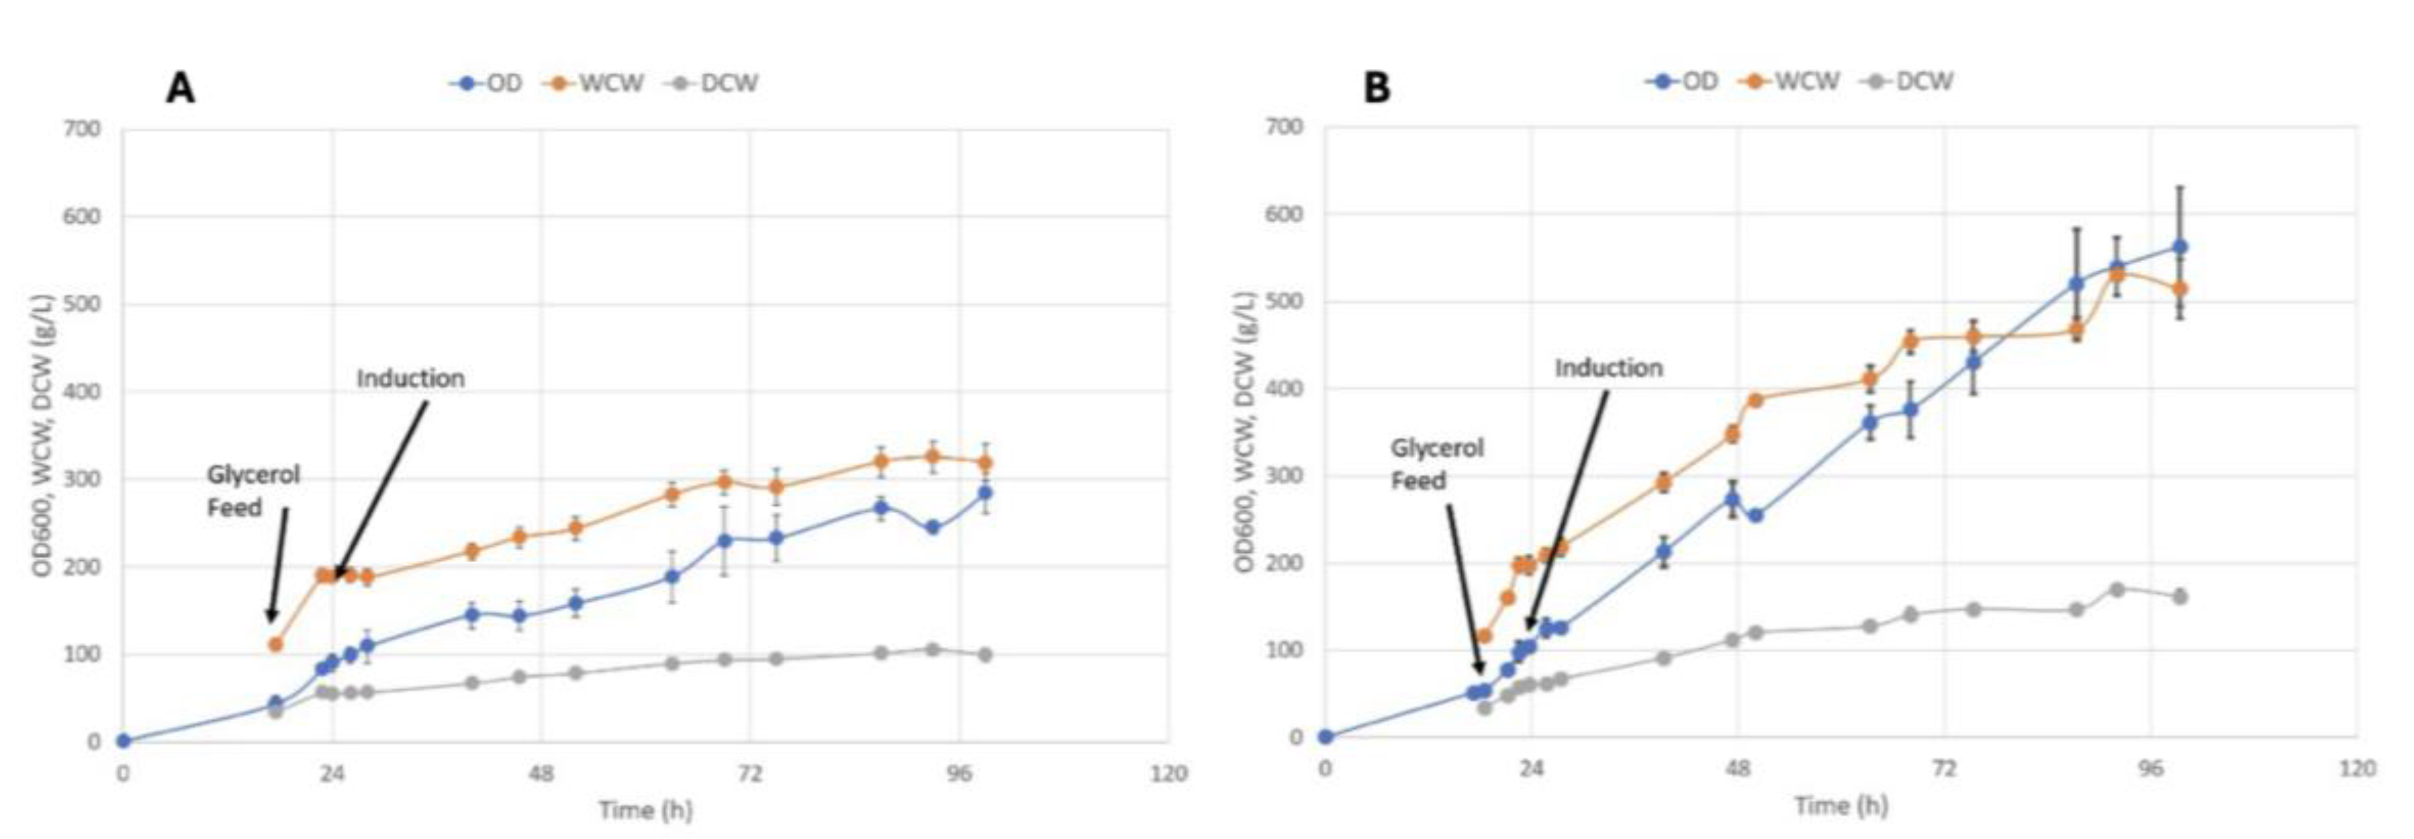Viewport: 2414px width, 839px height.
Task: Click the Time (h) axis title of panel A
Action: (645, 810)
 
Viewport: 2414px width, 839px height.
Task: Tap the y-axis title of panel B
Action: (1244, 432)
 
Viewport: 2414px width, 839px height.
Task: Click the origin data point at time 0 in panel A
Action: (123, 741)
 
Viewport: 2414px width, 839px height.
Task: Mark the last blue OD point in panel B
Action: (2180, 247)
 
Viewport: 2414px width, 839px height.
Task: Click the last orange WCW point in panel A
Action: (985, 463)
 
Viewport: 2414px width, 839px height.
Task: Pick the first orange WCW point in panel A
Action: (275, 644)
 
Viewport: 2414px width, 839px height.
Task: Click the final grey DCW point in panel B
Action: (2180, 596)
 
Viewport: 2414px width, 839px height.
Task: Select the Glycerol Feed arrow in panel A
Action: (279, 562)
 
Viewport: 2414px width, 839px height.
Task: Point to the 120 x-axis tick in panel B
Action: (2357, 769)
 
